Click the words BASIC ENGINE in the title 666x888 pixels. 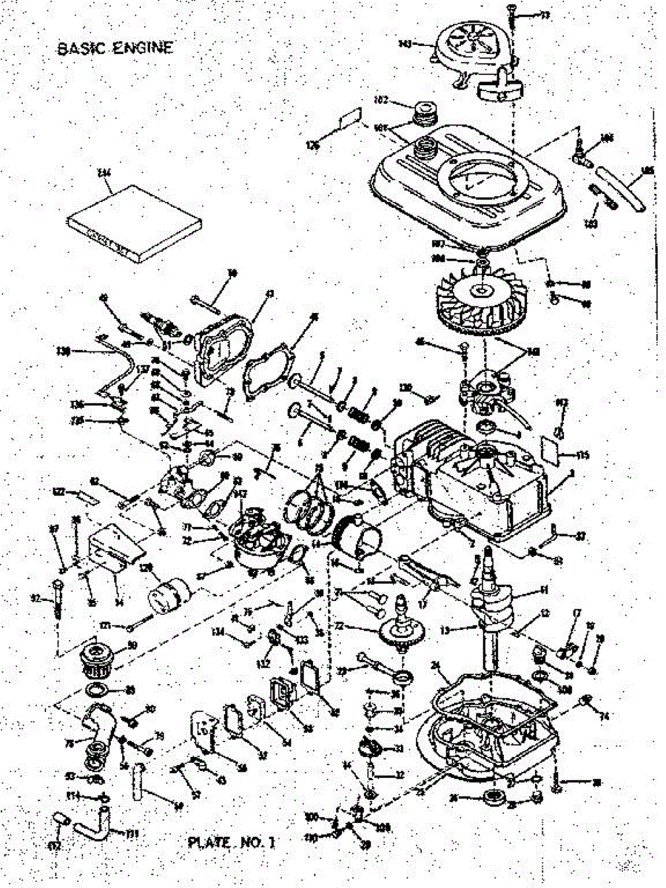pyautogui.click(x=115, y=49)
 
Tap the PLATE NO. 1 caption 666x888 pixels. pyautogui.click(x=231, y=842)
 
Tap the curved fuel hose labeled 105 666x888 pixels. pyautogui.click(x=620, y=189)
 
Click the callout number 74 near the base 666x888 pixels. pyautogui.click(x=604, y=716)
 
